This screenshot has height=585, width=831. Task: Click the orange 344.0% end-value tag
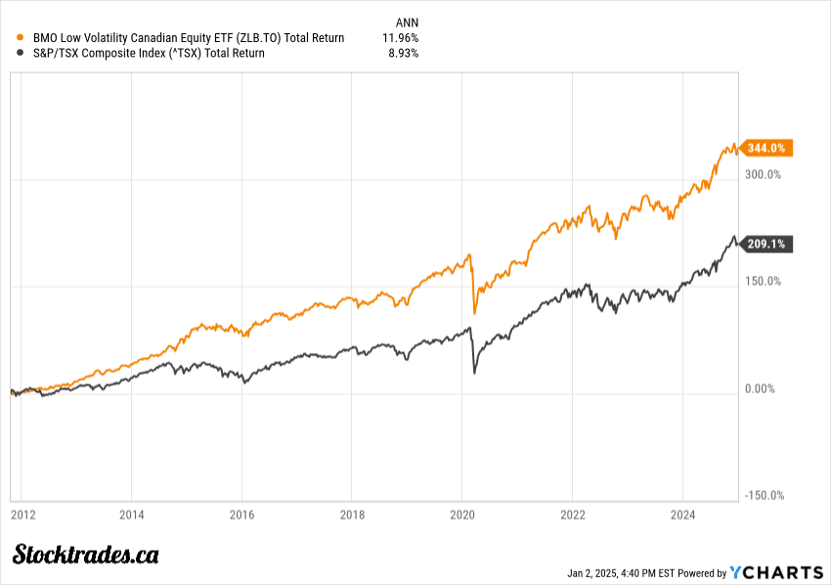tap(767, 149)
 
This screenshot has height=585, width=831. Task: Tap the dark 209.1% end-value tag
tap(767, 244)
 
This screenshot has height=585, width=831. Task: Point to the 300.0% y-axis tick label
tap(764, 175)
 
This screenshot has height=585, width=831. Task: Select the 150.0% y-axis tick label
tap(764, 282)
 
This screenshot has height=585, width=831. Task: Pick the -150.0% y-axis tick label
tap(764, 496)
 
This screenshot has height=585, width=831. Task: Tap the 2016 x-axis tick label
tap(242, 514)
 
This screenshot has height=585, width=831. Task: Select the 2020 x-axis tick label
tap(462, 514)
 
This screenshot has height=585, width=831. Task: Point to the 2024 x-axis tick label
tap(682, 514)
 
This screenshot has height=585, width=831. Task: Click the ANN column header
tap(406, 22)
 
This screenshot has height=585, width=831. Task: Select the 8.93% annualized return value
tap(404, 54)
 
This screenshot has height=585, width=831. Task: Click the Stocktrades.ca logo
tap(85, 555)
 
